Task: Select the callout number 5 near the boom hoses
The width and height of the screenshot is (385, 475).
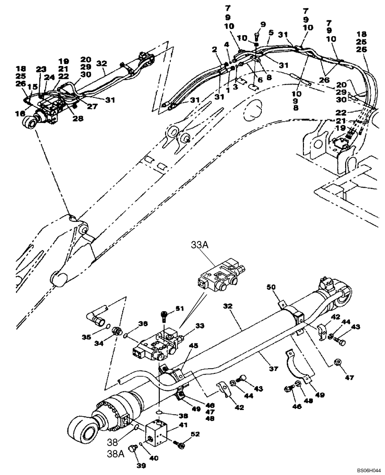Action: click(x=271, y=33)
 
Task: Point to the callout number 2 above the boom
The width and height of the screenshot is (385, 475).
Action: click(x=215, y=48)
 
